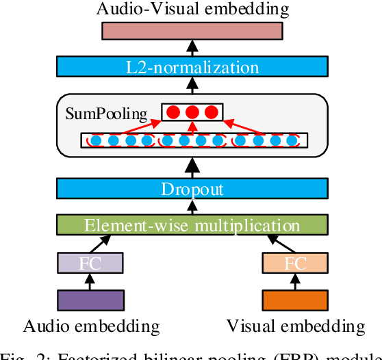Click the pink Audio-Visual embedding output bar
click(x=192, y=31)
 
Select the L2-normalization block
click(x=192, y=67)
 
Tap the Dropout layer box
click(x=192, y=190)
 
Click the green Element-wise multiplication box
click(x=192, y=225)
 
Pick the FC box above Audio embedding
click(x=90, y=263)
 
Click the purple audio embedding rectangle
click(x=90, y=300)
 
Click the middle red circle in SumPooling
click(x=192, y=112)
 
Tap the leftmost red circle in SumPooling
click(x=175, y=112)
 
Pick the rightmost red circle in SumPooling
click(x=210, y=112)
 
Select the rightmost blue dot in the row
click(x=293, y=141)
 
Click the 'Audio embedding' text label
click(x=91, y=325)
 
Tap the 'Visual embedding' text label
click(x=296, y=325)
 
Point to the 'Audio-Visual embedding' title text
click(x=192, y=9)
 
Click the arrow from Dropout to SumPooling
click(x=192, y=167)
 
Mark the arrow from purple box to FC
click(x=90, y=281)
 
